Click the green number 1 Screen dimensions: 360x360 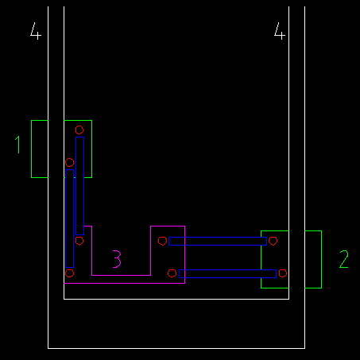point(18,145)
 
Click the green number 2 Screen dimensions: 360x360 point(344,259)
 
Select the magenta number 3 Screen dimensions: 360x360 point(117,259)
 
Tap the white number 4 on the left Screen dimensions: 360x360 point(36,31)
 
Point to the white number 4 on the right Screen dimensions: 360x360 point(279,31)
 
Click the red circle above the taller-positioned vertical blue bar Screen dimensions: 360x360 point(79,130)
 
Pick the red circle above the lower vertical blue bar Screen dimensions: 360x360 point(69,162)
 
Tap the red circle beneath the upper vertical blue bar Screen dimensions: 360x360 point(79,241)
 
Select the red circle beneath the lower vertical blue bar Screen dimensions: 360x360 point(69,273)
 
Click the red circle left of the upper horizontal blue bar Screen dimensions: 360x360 point(162,241)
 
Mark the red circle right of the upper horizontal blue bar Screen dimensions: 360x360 point(273,241)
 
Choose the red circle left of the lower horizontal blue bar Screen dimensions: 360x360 point(172,273)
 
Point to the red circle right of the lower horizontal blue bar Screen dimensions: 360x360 point(283,273)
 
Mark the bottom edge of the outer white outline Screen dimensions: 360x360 point(176,348)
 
